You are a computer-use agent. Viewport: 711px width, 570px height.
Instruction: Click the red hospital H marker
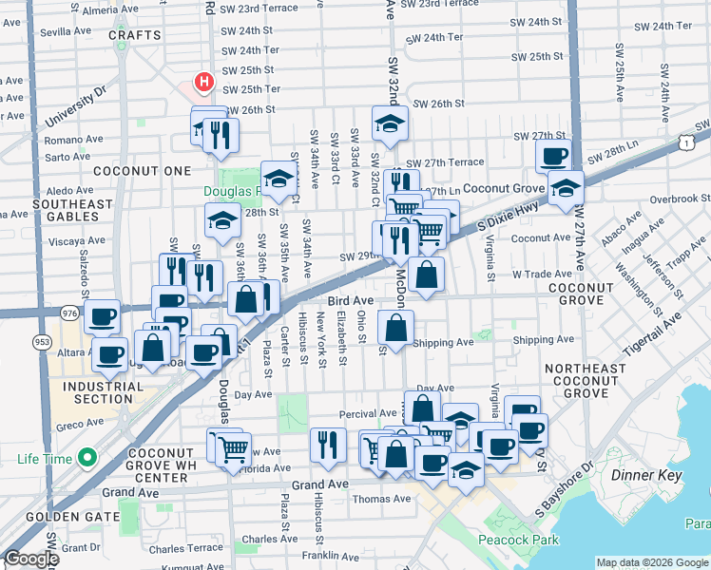pyautogui.click(x=202, y=83)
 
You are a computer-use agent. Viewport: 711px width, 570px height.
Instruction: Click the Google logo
pyautogui.click(x=31, y=559)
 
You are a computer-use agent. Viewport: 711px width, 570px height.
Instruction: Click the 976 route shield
pyautogui.click(x=69, y=312)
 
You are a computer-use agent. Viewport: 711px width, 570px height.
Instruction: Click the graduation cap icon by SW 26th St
pyautogui.click(x=390, y=123)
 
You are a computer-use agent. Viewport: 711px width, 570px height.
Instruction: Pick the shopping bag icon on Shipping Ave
pyautogui.click(x=395, y=328)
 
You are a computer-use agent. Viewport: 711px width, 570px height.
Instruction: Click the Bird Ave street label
pyautogui.click(x=351, y=300)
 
